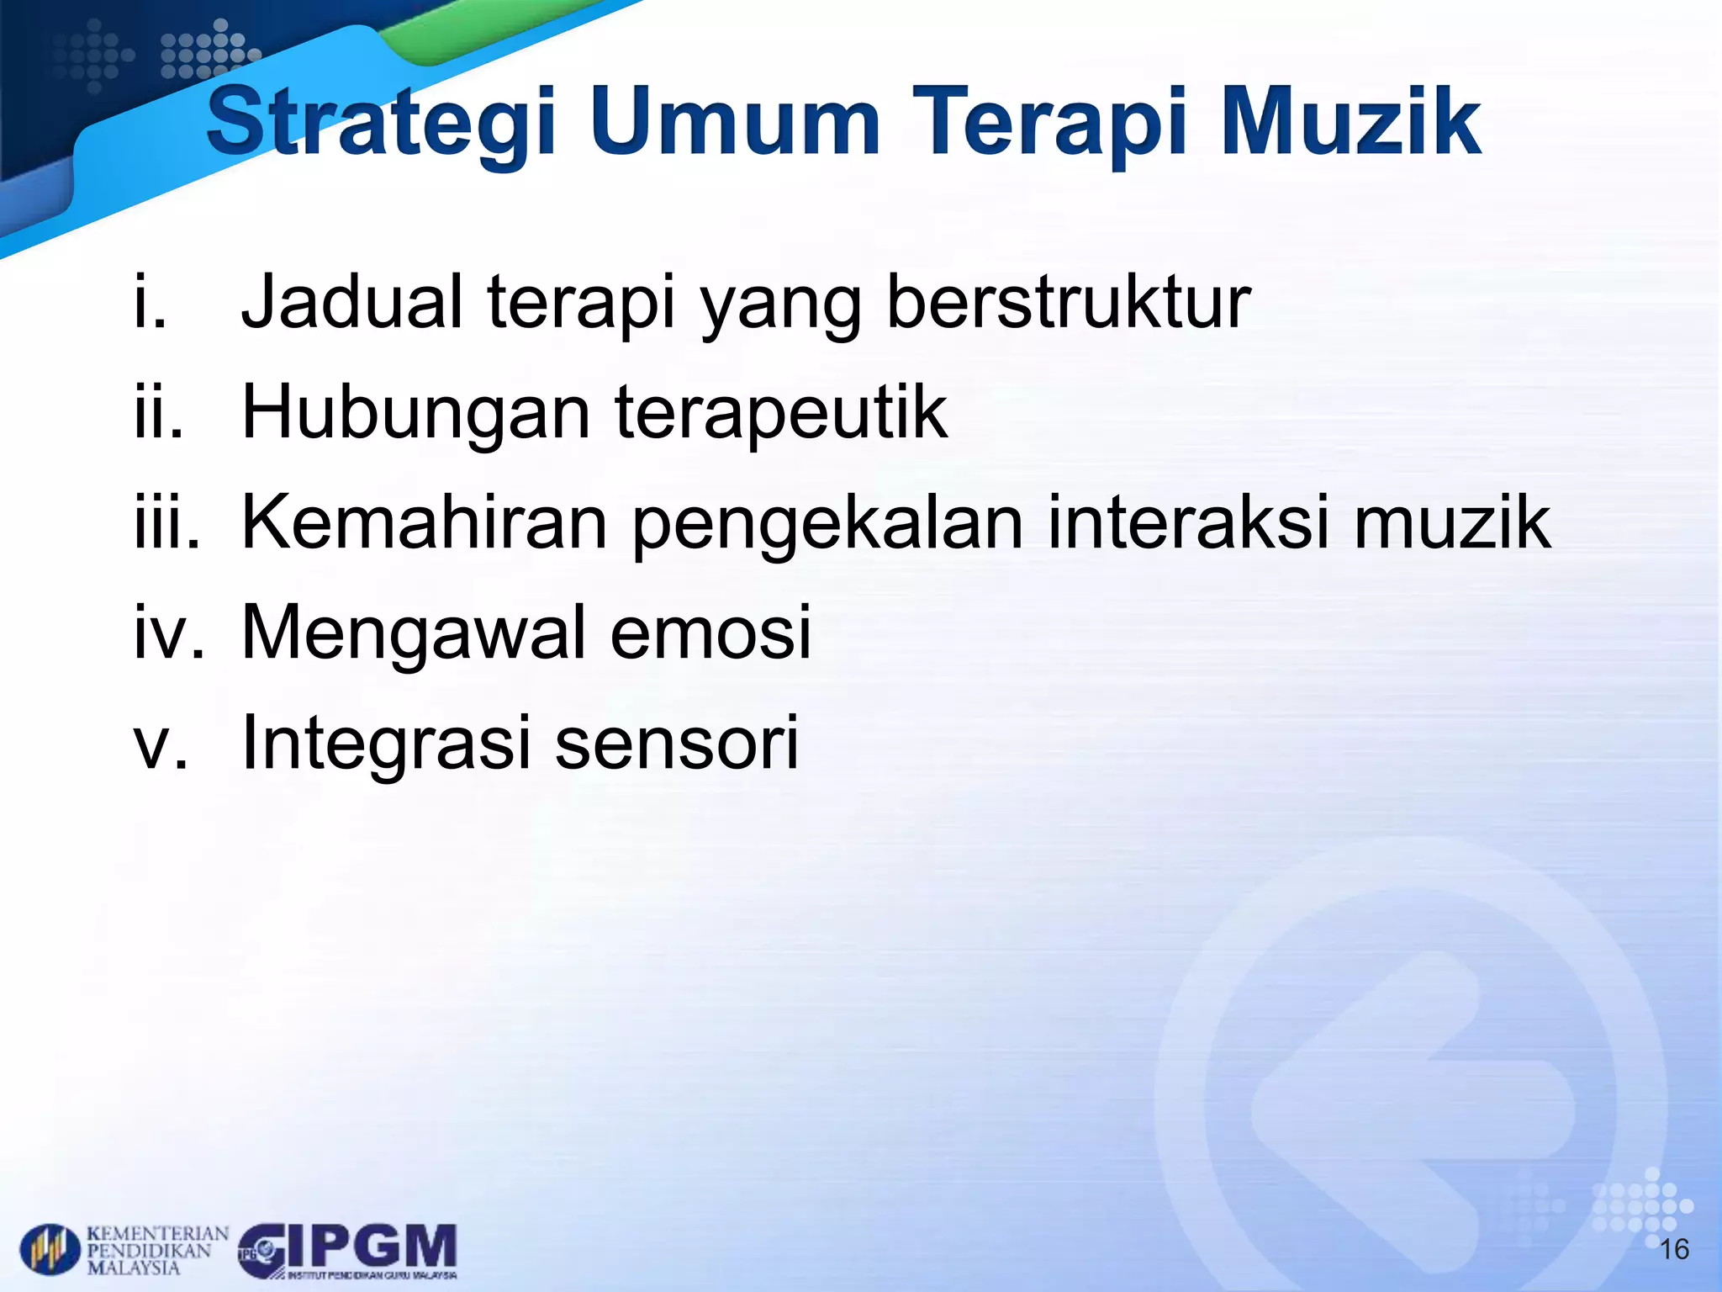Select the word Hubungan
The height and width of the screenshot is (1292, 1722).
(x=416, y=414)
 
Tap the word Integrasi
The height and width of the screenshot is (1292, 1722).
(x=386, y=744)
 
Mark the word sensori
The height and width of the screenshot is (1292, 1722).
(x=677, y=744)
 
